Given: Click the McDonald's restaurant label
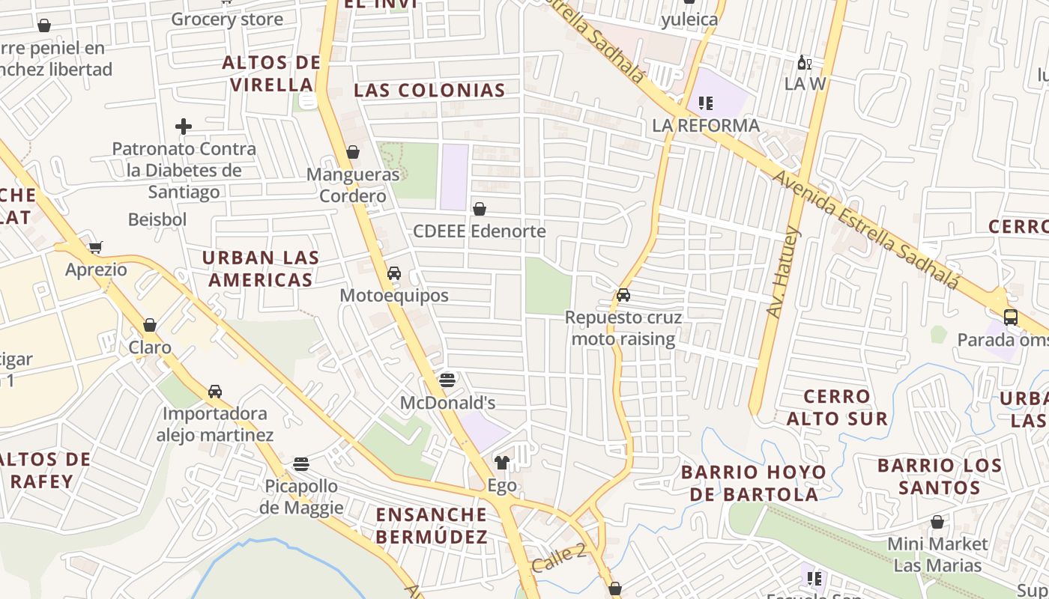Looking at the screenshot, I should coord(447,403).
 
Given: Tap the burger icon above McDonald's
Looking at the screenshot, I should coord(447,380).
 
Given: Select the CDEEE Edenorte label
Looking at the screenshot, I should coord(480,231).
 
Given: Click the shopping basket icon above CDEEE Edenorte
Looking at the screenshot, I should coord(480,209).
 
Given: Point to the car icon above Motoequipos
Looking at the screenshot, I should coord(394,273).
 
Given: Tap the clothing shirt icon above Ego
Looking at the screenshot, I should coord(502,463).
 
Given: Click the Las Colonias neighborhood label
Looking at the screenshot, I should coord(429,91).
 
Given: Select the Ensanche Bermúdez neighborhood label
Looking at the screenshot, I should coord(432,526).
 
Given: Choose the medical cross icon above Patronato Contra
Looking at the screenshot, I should coord(184,127).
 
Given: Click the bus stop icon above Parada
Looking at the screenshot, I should coord(1010,317).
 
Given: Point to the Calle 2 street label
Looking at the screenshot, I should coord(559,558).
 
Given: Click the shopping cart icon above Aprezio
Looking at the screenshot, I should coord(96,247).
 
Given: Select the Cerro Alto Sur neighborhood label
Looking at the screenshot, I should coord(837,407).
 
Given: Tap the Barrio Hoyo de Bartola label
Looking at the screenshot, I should coord(754,483).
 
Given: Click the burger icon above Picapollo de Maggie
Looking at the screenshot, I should coord(301,464).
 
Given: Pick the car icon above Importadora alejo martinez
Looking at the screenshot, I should coord(215,392).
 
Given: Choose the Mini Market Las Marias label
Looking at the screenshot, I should coord(937,554).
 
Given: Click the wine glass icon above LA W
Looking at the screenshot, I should coord(804,62).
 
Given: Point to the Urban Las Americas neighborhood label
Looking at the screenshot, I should coord(261,269).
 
